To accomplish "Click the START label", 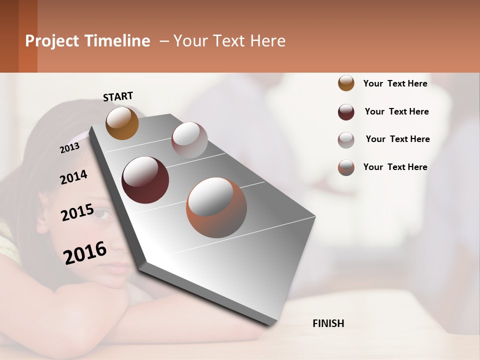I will tap(118, 96).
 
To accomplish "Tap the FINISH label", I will tap(328, 323).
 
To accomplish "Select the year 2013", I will tap(69, 147).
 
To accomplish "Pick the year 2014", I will tap(73, 177).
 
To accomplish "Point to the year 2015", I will tap(77, 212).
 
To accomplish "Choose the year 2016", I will tap(85, 252).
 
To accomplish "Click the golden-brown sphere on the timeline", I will tap(122, 123).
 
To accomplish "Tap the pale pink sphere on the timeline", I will tap(189, 140).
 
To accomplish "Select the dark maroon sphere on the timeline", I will tap(145, 179).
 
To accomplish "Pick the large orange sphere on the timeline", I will tap(216, 207).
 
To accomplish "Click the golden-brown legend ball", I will tap(346, 83).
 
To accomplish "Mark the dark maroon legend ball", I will tap(346, 112).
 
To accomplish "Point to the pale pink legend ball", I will tap(346, 140).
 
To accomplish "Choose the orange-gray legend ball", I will tap(346, 167).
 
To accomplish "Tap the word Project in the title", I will tap(51, 41).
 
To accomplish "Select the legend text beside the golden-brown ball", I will tap(395, 83).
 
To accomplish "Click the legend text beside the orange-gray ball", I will tap(395, 167).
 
